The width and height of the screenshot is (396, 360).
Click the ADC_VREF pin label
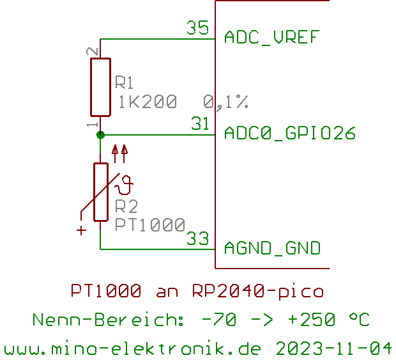[271, 38]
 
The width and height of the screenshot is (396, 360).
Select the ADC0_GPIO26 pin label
[289, 133]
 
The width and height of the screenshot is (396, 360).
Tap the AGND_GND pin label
[272, 248]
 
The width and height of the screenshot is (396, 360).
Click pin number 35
[197, 28]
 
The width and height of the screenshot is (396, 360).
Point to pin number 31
[201, 123]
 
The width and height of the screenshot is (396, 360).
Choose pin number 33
[198, 239]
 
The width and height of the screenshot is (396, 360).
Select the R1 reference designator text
[125, 83]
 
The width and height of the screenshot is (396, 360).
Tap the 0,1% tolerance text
[225, 102]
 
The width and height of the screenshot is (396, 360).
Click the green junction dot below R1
[100, 134]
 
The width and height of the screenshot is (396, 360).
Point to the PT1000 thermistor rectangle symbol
[100, 192]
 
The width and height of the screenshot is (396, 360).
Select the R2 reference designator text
[126, 207]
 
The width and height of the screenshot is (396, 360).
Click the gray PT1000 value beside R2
[150, 224]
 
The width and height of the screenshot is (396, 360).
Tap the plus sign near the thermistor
[81, 230]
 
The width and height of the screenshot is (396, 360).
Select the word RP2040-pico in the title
[257, 292]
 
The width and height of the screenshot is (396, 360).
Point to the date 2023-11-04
[333, 349]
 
